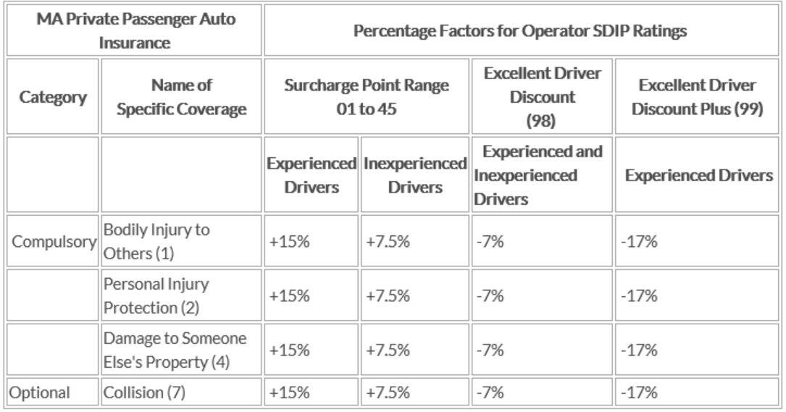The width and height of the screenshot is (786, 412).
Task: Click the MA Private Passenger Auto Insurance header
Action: [134, 30]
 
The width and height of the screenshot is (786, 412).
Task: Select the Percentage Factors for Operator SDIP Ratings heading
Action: [519, 31]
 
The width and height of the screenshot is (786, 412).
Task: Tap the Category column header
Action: [53, 97]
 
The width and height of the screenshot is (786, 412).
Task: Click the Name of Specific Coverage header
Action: [181, 97]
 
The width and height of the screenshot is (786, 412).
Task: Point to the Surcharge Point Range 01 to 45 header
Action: [366, 97]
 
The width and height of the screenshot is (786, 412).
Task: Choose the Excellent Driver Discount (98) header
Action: [541, 97]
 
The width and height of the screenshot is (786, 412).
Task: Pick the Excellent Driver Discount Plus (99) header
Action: [696, 97]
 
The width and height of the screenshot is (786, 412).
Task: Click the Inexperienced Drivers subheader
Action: [414, 175]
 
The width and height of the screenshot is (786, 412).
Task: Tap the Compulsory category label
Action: [54, 242]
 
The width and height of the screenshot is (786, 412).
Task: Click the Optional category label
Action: [40, 392]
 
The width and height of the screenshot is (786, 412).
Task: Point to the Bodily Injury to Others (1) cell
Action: [156, 242]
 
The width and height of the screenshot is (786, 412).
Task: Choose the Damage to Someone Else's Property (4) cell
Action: [175, 350]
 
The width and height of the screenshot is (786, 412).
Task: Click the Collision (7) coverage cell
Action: [145, 392]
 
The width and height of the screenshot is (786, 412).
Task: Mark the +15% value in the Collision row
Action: [289, 392]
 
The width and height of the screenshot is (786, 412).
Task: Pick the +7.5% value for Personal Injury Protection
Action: [388, 295]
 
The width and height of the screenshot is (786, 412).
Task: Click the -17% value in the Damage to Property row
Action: [639, 350]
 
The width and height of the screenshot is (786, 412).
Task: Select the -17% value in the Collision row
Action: [639, 392]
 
